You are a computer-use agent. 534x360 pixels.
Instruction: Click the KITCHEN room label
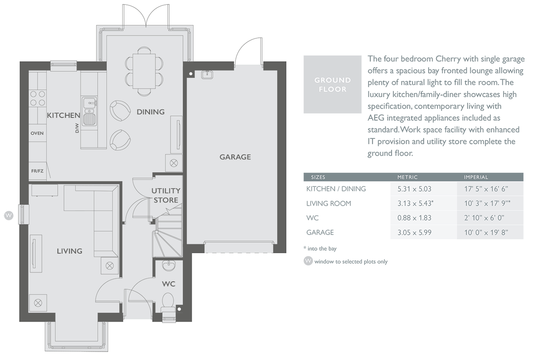[63, 115]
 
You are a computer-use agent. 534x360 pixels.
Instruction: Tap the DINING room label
[150, 112]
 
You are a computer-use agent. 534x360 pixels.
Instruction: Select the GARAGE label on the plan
[235, 157]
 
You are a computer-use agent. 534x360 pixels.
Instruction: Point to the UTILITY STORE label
[166, 195]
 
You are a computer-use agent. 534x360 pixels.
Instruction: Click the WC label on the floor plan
[169, 284]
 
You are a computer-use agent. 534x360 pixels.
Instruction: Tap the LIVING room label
[69, 251]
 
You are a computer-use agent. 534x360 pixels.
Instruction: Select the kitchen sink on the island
[89, 113]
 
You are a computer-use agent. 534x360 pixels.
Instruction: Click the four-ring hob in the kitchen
[38, 98]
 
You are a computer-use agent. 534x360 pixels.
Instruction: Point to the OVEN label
[37, 133]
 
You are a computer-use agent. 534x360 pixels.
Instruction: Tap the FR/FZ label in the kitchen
[37, 170]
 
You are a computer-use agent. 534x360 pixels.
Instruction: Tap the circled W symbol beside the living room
[8, 216]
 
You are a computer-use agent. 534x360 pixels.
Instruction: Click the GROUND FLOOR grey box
[332, 84]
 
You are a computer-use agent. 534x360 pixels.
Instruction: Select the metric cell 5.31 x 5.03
[414, 189]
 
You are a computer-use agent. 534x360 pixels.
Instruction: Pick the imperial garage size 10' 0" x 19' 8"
[485, 232]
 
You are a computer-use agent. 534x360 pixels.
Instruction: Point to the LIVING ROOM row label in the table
[328, 203]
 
